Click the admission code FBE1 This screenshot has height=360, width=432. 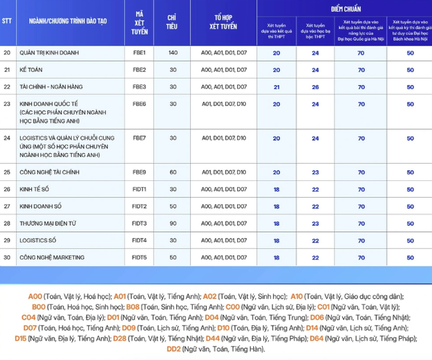139,52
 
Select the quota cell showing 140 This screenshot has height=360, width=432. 173,52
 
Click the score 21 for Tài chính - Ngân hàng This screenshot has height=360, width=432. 277,87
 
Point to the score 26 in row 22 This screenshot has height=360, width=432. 315,87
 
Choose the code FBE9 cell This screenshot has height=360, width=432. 139,172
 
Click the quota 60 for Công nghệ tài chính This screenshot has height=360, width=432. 173,172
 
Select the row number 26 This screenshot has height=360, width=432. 7,189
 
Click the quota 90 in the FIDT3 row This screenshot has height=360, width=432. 173,223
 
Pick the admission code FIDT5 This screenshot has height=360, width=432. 139,257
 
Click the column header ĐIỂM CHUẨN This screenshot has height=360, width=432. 344,9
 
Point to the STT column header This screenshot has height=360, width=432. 7,21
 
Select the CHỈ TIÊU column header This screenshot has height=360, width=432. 173,21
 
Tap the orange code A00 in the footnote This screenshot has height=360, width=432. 35,296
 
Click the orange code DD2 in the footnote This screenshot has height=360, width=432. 173,349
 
